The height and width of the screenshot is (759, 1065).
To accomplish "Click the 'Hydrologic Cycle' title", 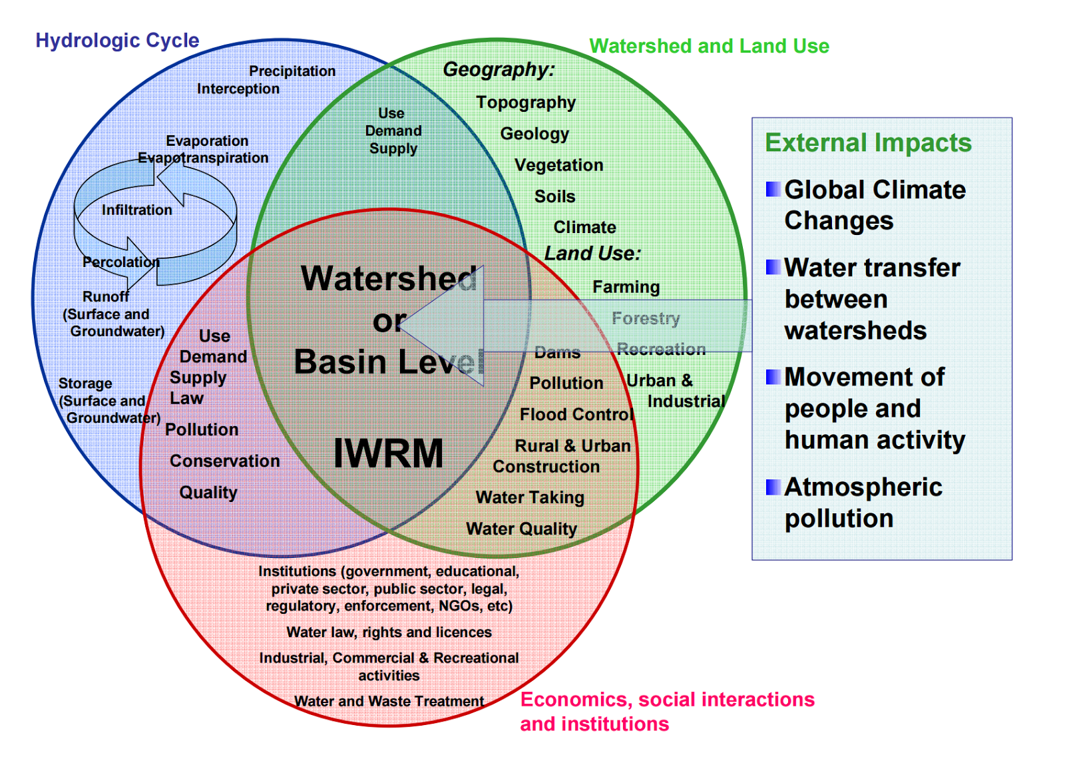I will click(117, 41).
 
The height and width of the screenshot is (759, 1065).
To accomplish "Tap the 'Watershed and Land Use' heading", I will click(709, 46).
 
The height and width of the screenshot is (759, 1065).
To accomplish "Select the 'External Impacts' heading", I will click(868, 142).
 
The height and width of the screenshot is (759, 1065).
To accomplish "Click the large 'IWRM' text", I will click(388, 453).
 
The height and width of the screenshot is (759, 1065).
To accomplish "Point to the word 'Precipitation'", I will click(292, 71).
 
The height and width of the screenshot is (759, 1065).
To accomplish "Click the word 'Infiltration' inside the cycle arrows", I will click(136, 210).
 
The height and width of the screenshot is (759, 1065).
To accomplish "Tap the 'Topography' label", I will click(526, 103).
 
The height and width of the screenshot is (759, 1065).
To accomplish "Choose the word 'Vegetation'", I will click(558, 165).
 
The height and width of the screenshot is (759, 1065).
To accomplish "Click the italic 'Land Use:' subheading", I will click(592, 254).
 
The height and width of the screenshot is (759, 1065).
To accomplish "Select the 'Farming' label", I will click(626, 287).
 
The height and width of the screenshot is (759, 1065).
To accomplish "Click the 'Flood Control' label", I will click(576, 415).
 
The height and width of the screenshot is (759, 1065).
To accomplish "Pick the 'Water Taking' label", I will click(530, 497).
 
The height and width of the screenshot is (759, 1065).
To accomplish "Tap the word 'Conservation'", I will click(224, 461).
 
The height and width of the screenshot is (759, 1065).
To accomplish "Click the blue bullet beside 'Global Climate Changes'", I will click(773, 189).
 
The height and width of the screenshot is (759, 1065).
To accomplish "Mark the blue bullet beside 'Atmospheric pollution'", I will click(773, 487).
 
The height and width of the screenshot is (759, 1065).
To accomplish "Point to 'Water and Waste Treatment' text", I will click(389, 701).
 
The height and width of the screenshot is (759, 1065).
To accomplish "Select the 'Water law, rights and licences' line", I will click(389, 632).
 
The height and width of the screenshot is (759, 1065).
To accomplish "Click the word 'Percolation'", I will click(120, 262).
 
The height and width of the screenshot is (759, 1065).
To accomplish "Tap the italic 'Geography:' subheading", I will click(499, 69).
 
